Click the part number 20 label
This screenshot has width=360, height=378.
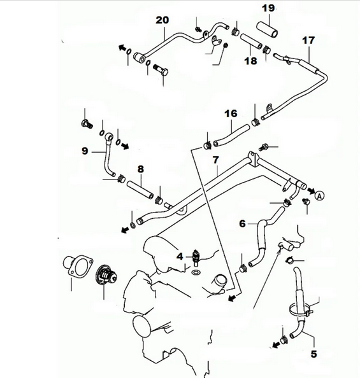[x=162, y=20]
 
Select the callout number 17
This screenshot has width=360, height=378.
[x=308, y=40]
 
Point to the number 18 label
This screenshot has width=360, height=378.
[x=250, y=61]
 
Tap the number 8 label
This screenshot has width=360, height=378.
[x=140, y=170]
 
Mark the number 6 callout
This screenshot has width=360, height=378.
[x=242, y=223]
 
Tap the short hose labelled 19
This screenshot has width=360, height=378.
[x=268, y=29]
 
